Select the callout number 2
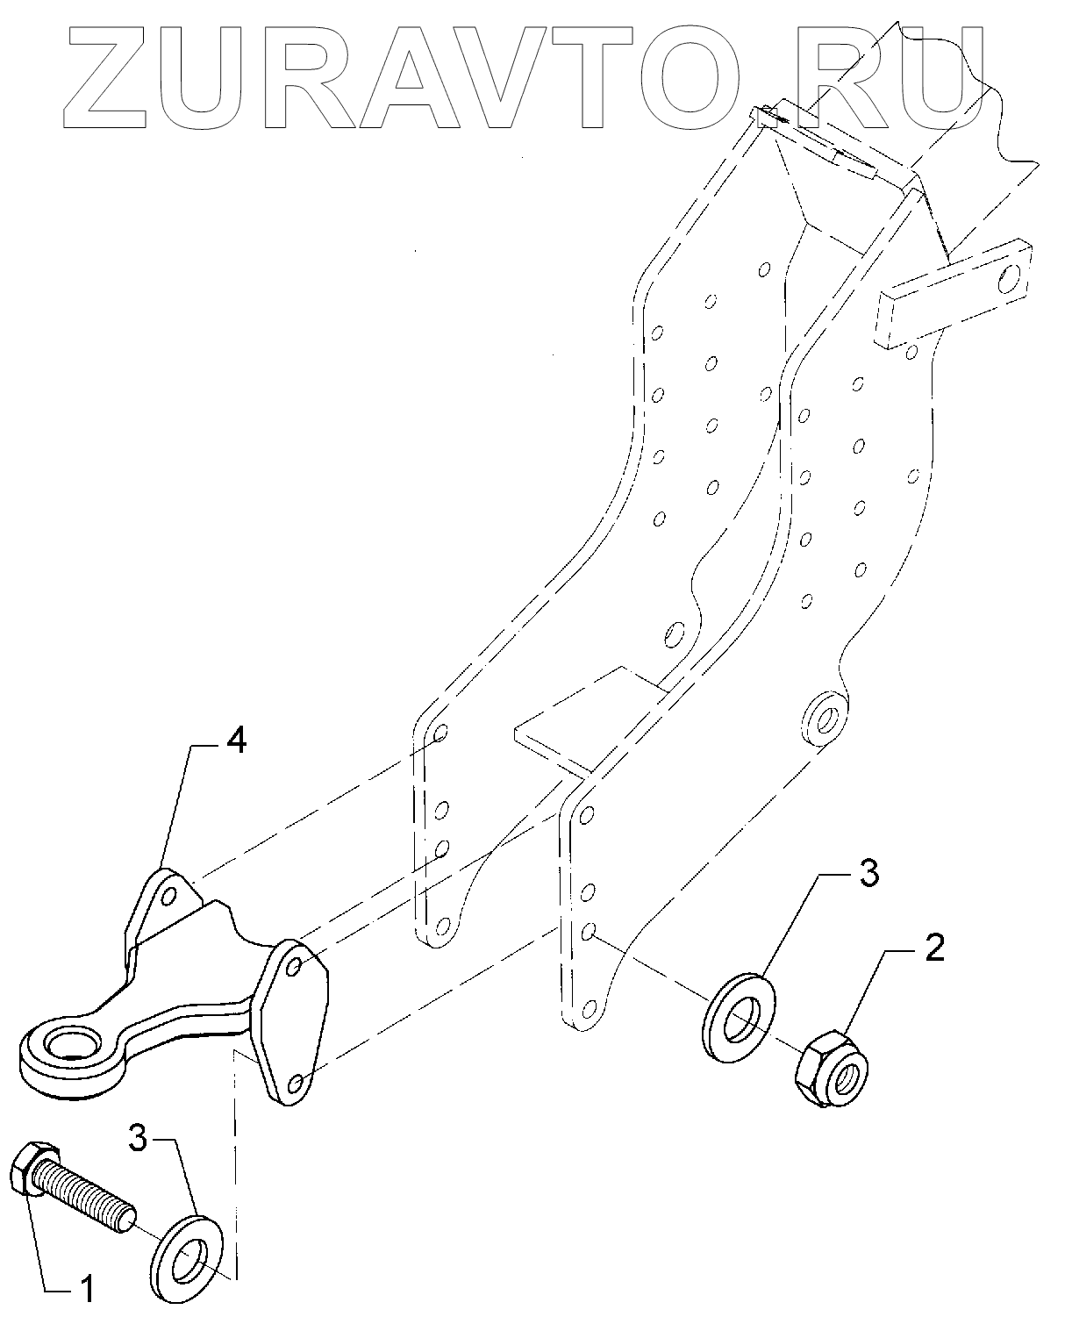[x=934, y=949]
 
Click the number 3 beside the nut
[x=868, y=874]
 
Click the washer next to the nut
[x=740, y=1017]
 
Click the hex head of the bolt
[x=34, y=1168]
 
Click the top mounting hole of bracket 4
[x=169, y=896]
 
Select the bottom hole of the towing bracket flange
[x=296, y=1084]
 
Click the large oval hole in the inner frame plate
[x=675, y=633]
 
